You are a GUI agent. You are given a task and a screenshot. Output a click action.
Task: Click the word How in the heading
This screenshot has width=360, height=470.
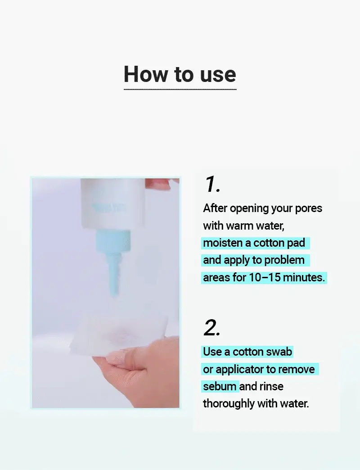coord(146,74)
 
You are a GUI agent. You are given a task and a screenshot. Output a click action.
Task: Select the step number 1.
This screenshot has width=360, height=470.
coord(212,184)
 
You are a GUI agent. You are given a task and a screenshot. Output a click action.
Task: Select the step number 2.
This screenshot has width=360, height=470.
coord(212,328)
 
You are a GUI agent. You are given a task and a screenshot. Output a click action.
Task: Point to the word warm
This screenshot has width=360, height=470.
coord(240,226)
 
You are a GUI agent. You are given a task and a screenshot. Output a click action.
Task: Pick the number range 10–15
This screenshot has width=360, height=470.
coord(265,278)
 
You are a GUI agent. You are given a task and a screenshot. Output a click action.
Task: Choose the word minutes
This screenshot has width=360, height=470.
coord(304,278)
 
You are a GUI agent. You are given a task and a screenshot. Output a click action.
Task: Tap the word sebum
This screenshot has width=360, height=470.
coord(220,386)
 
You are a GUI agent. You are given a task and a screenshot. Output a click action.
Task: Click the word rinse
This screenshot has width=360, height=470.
coord(272,386)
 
